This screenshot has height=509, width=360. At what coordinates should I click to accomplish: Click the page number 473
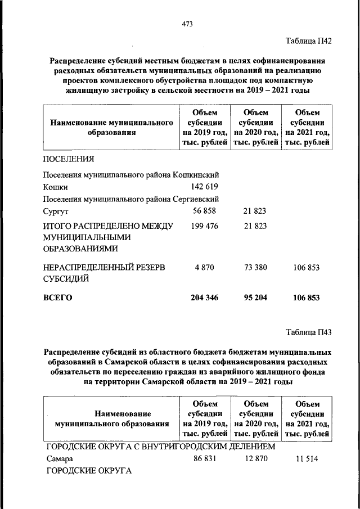coord(187,23)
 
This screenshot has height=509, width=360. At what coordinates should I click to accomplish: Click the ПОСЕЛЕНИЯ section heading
coord(69,159)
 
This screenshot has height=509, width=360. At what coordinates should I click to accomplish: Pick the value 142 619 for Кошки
coord(204,187)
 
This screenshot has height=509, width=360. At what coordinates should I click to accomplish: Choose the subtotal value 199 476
coord(204,226)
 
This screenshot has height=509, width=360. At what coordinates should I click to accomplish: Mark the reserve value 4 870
coord(205,268)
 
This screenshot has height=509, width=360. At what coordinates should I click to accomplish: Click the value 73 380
coord(255,268)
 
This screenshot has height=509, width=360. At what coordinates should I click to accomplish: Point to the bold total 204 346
coord(204,298)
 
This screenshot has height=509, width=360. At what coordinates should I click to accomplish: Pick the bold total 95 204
coord(255,298)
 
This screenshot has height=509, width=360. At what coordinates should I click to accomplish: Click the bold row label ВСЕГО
coord(57,298)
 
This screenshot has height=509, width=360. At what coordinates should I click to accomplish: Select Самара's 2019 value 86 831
coord(204,459)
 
